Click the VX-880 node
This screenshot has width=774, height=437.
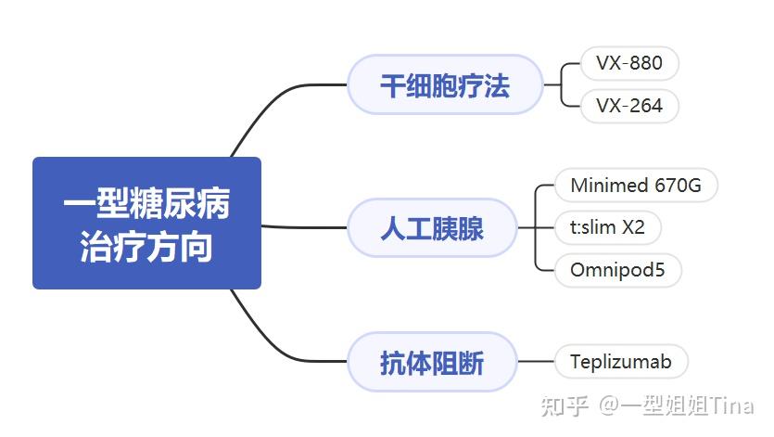point(629,63)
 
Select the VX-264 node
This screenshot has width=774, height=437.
point(629,106)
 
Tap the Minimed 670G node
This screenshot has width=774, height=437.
point(636,186)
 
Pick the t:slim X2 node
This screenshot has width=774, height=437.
point(608,227)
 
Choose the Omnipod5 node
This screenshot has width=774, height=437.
point(618,270)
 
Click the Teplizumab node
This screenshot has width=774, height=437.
point(621,361)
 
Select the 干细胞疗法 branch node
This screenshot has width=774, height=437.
point(445,84)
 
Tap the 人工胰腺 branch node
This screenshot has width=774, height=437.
point(432,228)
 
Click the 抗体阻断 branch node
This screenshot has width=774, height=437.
point(432,362)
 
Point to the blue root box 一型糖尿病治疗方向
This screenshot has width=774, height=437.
point(146,223)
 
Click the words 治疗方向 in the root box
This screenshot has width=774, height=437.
point(146,246)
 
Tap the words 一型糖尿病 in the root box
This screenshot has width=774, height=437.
point(146,202)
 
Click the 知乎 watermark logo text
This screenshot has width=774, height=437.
point(565,405)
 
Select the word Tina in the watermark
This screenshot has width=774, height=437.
point(731,405)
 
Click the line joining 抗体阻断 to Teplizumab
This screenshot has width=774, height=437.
point(536,361)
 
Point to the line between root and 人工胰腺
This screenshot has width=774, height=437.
point(304,227)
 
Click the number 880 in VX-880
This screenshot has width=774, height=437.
point(646,63)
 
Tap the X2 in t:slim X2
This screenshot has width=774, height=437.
point(633,227)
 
